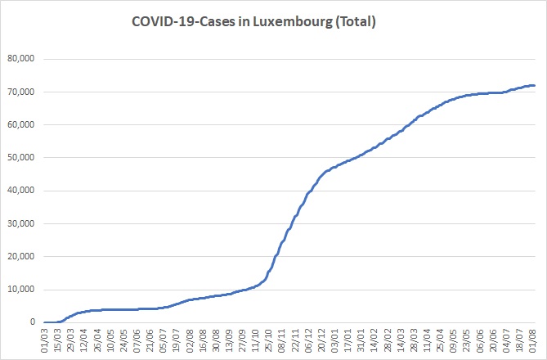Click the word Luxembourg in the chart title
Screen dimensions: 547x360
coord(293,21)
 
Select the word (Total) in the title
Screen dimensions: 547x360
coord(355,21)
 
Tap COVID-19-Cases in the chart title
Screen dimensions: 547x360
coord(183,21)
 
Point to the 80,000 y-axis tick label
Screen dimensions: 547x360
coord(21,58)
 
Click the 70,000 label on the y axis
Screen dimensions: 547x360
coord(21,92)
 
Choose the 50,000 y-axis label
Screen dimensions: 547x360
coord(21,157)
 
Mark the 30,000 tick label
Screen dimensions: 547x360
coord(21,223)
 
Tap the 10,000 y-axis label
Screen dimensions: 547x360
coord(21,289)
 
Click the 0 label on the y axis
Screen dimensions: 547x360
coord(33,322)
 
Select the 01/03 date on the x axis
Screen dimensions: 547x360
coord(44,340)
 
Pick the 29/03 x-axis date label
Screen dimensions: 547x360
coord(71,340)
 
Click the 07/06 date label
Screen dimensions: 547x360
coord(137,340)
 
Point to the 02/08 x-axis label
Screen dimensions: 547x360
coord(190,340)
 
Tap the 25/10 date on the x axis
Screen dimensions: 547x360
coord(268,340)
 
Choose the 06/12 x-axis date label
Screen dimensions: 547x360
coord(307,340)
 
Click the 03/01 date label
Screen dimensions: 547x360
coord(334,340)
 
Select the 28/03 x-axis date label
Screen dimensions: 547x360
coord(413,340)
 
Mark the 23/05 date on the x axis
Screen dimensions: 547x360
coord(466,340)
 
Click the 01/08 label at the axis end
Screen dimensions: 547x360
coord(531,340)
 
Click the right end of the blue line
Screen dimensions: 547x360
coord(535,86)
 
